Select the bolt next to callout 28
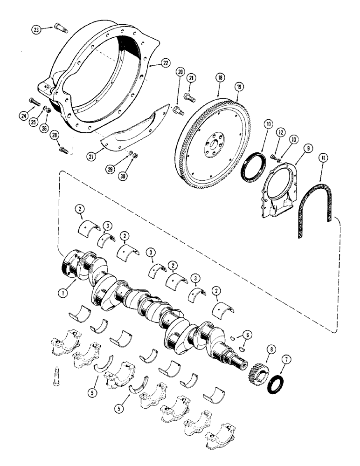pos(65,150)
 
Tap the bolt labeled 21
pos(189,97)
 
